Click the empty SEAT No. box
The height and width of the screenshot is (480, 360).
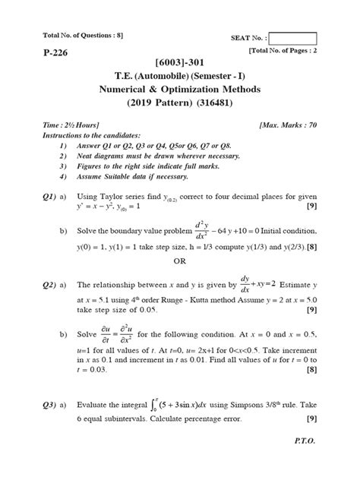pos(292,39)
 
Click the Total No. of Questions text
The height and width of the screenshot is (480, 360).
pos(72,36)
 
